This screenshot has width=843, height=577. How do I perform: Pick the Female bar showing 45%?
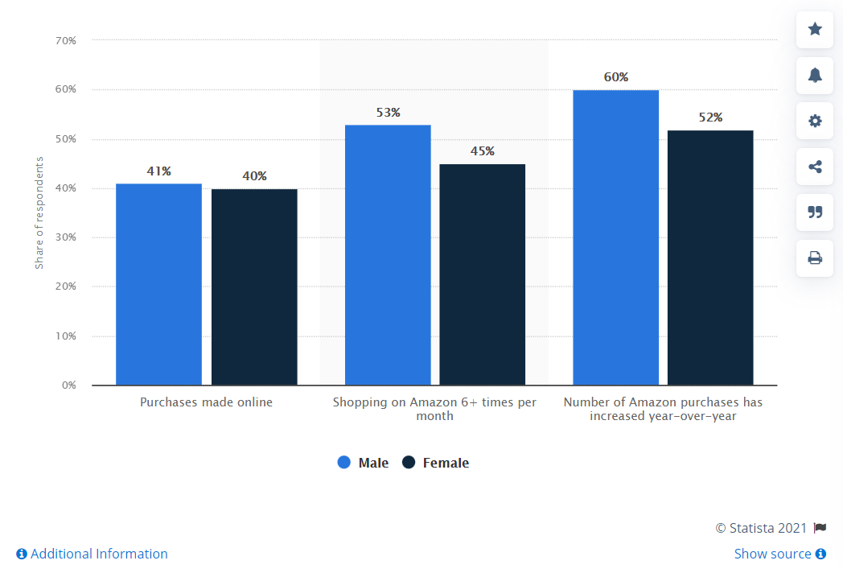tap(482, 274)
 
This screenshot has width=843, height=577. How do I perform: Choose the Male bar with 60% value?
tap(615, 237)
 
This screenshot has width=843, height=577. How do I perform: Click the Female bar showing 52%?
tap(710, 258)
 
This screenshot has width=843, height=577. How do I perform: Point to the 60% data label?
tap(616, 77)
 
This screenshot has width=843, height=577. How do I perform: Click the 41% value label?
tap(158, 171)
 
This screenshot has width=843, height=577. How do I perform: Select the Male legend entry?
tap(363, 463)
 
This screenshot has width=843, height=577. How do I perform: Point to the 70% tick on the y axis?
tap(66, 40)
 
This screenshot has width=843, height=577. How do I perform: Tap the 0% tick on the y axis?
tap(68, 385)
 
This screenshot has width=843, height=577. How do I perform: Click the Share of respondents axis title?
tap(39, 212)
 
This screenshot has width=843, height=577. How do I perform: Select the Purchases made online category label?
tap(206, 402)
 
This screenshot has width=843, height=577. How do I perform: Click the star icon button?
tap(815, 30)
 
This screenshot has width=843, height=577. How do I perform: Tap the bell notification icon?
tap(815, 76)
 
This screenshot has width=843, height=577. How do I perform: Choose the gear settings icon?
tap(815, 122)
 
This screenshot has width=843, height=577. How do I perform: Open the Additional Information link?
tap(92, 554)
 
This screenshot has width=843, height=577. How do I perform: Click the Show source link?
tap(779, 554)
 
